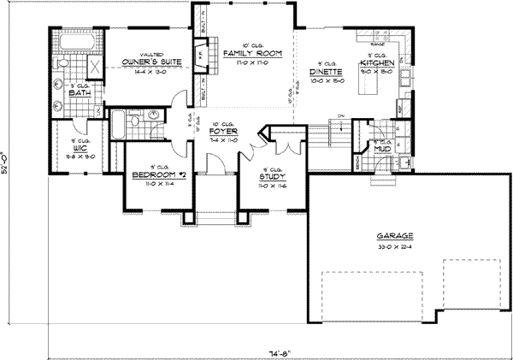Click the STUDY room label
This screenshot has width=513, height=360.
point(272,177)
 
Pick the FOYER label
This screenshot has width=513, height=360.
point(222,133)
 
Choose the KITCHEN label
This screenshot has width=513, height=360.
point(377,64)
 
